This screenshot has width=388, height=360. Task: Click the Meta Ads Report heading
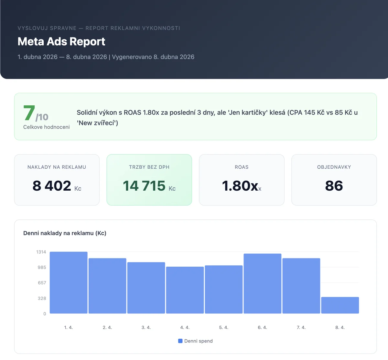(61, 42)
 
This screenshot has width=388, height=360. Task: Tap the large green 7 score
(29, 113)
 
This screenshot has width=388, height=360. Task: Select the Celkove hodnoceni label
(46, 127)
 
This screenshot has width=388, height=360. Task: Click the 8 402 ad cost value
(52, 186)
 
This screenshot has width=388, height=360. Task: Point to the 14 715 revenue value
(144, 186)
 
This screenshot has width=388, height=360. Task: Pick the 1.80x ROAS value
(240, 186)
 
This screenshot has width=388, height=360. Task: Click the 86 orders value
(334, 186)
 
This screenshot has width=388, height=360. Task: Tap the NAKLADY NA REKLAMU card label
(57, 167)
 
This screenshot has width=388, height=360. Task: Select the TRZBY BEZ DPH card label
(149, 167)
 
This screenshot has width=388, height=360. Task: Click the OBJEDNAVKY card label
(334, 167)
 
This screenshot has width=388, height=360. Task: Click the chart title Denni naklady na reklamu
(65, 233)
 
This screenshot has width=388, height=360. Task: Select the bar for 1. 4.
(69, 283)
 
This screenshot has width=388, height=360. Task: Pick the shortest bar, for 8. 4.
(340, 305)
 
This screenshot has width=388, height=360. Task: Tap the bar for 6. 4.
(262, 284)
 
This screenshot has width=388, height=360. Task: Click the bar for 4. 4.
(185, 290)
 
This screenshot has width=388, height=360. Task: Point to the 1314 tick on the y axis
(41, 252)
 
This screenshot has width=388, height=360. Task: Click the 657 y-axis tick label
(42, 283)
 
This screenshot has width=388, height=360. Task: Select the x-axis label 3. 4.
(146, 327)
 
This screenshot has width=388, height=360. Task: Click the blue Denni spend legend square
(180, 341)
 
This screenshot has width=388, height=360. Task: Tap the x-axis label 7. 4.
(301, 327)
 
